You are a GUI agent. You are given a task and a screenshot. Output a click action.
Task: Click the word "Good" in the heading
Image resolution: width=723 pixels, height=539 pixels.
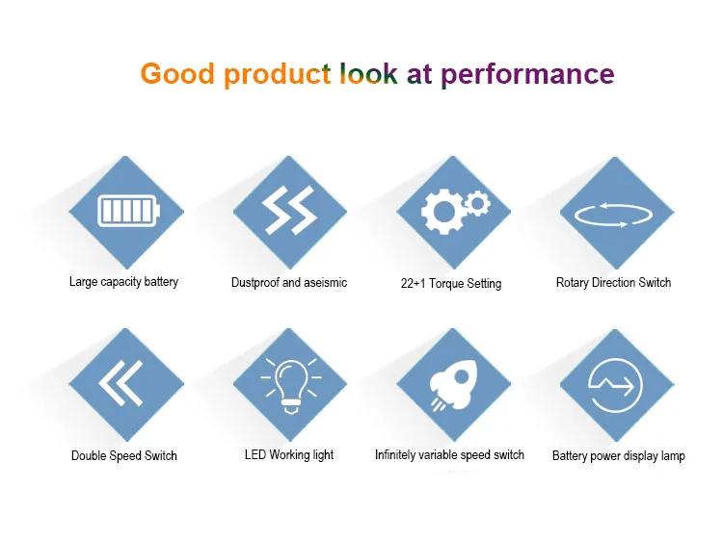(x=177, y=74)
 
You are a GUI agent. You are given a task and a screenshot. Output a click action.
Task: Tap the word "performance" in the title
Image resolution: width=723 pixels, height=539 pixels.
(x=527, y=75)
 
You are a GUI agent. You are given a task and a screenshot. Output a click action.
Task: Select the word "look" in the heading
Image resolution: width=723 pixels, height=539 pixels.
(x=368, y=73)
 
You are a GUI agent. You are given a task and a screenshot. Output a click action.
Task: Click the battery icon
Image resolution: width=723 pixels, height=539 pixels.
(x=128, y=212)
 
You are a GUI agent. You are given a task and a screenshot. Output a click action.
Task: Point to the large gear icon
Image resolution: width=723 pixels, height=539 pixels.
(x=442, y=212)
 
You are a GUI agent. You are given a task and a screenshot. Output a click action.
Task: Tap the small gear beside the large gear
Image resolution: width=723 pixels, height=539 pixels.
(x=477, y=203)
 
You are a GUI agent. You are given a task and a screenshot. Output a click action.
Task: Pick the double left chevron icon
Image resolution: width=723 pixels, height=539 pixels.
(x=120, y=383)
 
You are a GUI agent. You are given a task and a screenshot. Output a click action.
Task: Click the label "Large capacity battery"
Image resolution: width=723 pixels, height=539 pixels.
(x=123, y=282)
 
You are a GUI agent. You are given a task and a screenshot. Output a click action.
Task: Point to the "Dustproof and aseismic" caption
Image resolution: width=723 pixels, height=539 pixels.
(x=289, y=282)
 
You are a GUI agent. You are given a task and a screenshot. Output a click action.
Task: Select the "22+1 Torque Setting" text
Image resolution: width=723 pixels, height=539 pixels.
(x=451, y=283)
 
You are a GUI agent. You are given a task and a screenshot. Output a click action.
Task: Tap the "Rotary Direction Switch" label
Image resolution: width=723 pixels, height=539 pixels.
(x=613, y=282)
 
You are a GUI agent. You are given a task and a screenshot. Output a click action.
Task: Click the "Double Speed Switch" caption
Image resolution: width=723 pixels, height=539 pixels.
(x=124, y=455)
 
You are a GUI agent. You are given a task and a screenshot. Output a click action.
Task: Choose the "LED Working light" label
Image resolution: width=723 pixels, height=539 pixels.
(x=289, y=454)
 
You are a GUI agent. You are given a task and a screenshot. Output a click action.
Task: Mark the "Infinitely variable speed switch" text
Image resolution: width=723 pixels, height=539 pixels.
(x=449, y=454)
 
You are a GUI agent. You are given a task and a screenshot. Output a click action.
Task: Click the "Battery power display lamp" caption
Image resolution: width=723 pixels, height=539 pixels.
(x=619, y=455)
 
